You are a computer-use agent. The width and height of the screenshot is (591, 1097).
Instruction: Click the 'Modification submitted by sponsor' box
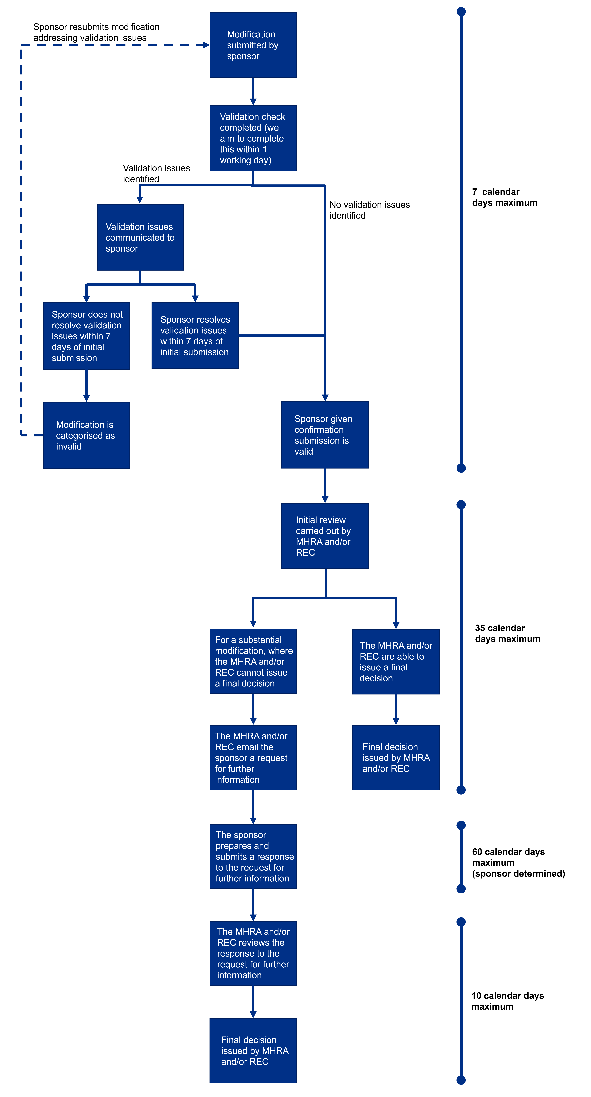[x=253, y=45]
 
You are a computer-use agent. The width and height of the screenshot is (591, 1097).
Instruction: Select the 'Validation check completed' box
[x=253, y=138]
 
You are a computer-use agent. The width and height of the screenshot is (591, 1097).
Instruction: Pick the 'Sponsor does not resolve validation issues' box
[x=86, y=336]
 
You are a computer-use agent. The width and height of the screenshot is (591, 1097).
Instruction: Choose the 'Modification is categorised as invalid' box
[x=86, y=435]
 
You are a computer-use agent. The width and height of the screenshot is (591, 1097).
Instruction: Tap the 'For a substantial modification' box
[x=253, y=661]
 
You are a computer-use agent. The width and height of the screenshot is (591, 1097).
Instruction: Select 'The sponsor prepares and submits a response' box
[x=253, y=856]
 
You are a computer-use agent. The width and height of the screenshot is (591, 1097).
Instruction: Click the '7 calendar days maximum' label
[x=505, y=197]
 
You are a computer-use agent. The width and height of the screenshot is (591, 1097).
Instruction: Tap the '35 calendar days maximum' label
[x=507, y=633]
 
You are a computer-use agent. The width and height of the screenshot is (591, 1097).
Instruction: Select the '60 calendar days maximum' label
[x=518, y=862]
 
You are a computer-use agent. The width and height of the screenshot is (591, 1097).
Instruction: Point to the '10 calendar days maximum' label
[x=507, y=1001]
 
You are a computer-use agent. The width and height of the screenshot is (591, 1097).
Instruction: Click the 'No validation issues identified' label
[x=369, y=210]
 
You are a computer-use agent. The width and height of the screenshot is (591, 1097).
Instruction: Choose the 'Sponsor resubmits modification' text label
[x=96, y=32]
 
